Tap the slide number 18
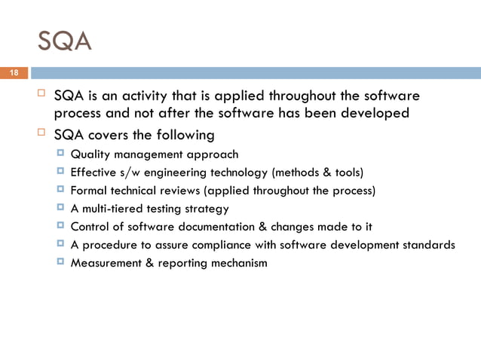(x=13, y=73)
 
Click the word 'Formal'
(x=87, y=191)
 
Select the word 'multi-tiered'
(x=112, y=209)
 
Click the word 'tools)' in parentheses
(x=347, y=172)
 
